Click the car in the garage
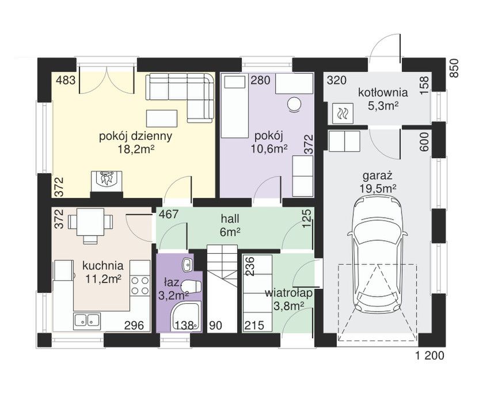pyautogui.click(x=377, y=254)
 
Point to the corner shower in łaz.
pyautogui.click(x=185, y=316)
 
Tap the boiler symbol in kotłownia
pyautogui.click(x=341, y=113)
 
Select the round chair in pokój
pyautogui.click(x=295, y=104)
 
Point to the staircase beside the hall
pyautogui.click(x=222, y=288)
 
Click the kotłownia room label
pyautogui.click(x=383, y=93)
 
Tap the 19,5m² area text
pyautogui.click(x=378, y=188)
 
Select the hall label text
pyautogui.click(x=230, y=218)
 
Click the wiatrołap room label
pyautogui.click(x=288, y=293)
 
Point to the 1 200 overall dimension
pyautogui.click(x=430, y=356)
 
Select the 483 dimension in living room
pyautogui.click(x=66, y=81)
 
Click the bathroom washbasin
pyautogui.click(x=187, y=264)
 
